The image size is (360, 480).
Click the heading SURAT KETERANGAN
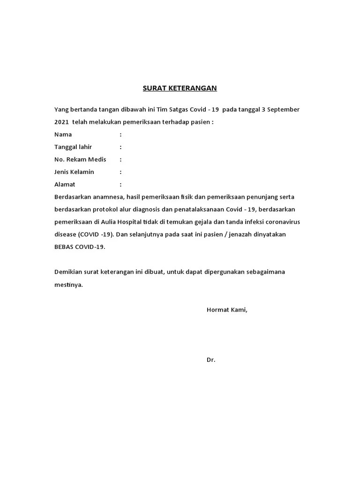click(x=173, y=88)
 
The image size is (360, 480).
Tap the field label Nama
click(x=63, y=135)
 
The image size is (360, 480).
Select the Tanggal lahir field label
click(x=73, y=147)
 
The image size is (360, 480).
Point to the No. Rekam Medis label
click(x=80, y=159)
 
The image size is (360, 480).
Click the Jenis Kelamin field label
click(x=74, y=172)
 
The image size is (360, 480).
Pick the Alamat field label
click(x=65, y=185)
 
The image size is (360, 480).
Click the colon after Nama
click(x=120, y=135)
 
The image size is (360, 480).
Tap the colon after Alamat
click(x=120, y=185)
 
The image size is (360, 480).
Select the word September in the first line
click(x=283, y=110)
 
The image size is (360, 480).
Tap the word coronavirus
click(x=276, y=222)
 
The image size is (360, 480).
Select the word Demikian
click(x=68, y=272)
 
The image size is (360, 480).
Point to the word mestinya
click(x=68, y=285)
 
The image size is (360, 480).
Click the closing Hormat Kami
click(x=227, y=310)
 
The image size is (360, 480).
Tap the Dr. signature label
click(x=211, y=360)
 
